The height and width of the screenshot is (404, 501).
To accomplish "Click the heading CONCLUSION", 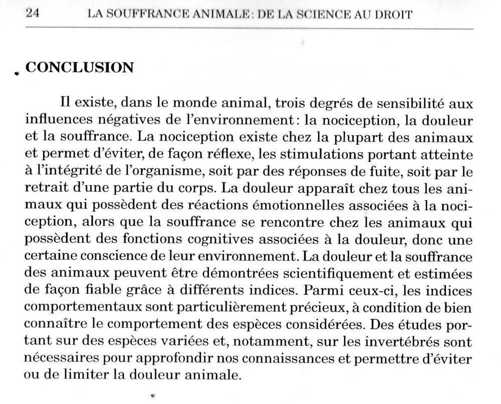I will [x=79, y=68].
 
